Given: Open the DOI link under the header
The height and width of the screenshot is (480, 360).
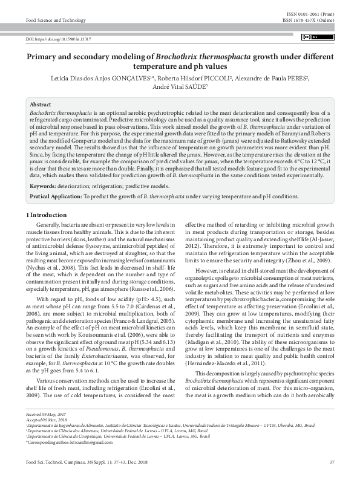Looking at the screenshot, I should pyautogui.click(x=58, y=39).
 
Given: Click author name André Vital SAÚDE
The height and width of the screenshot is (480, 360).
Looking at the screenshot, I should pyautogui.click(x=178, y=86).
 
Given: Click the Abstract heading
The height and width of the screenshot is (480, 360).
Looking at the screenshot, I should pyautogui.click(x=41, y=105).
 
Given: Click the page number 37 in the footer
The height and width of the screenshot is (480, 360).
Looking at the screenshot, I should pyautogui.click(x=332, y=462).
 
